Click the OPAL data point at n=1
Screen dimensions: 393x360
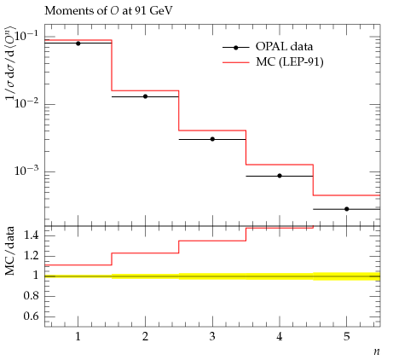[78, 44]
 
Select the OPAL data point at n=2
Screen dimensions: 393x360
[145, 96]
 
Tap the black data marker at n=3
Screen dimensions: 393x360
[212, 139]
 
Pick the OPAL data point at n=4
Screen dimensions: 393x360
[280, 176]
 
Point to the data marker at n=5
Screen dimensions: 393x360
[347, 209]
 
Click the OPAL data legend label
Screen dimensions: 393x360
[284, 47]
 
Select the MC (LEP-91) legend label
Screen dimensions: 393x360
[290, 61]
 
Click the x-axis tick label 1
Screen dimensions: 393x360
[78, 337]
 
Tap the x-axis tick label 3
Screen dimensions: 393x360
[212, 337]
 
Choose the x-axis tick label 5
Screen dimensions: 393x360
[347, 337]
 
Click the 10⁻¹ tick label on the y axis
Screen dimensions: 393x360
[26, 35]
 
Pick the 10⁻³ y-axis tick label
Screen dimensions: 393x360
[26, 170]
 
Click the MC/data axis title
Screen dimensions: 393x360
[9, 251]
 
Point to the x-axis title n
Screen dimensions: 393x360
[377, 351]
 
